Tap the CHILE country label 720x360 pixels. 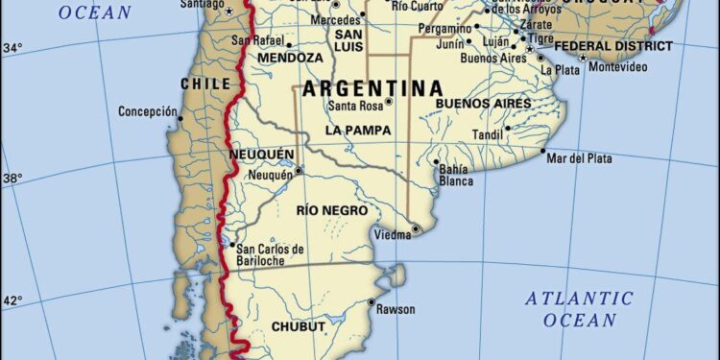(205, 84)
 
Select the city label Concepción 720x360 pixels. (148, 111)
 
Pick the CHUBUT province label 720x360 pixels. (300, 326)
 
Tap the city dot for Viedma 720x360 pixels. (416, 228)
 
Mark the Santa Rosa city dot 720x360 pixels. (389, 102)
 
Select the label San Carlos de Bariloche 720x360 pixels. (269, 255)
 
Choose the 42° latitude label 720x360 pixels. (12, 301)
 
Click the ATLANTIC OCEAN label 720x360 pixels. (579, 309)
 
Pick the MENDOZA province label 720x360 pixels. (288, 58)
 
